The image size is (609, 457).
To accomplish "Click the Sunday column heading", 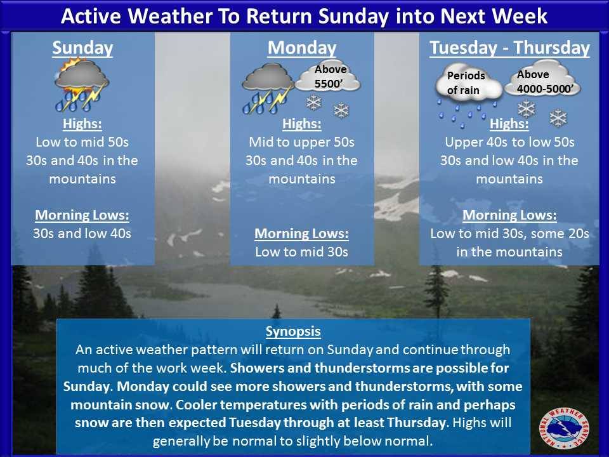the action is coord(82,48).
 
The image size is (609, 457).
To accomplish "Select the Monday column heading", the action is coord(302,48).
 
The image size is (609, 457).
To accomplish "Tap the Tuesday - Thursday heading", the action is coord(509,48).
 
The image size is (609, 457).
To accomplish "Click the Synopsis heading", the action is coord(293,331).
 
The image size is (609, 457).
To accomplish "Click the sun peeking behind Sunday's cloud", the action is coord(70,66).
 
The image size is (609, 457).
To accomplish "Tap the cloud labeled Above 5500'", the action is coord(328,76).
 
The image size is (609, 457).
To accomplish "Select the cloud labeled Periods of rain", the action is coord(468,82).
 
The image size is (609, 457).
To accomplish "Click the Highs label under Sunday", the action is coord(82,124).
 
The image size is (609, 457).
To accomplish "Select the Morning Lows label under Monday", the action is coord(302,234).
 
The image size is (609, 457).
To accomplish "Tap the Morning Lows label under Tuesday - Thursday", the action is coord(509,215).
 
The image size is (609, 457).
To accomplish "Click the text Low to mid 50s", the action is coord(82,142).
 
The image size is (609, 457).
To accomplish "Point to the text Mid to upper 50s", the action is coord(302,142).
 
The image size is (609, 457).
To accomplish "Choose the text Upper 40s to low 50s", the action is coord(509,142).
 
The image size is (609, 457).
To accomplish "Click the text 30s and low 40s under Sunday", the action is coord(82,234).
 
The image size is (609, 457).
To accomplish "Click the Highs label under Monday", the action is coord(302,124).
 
